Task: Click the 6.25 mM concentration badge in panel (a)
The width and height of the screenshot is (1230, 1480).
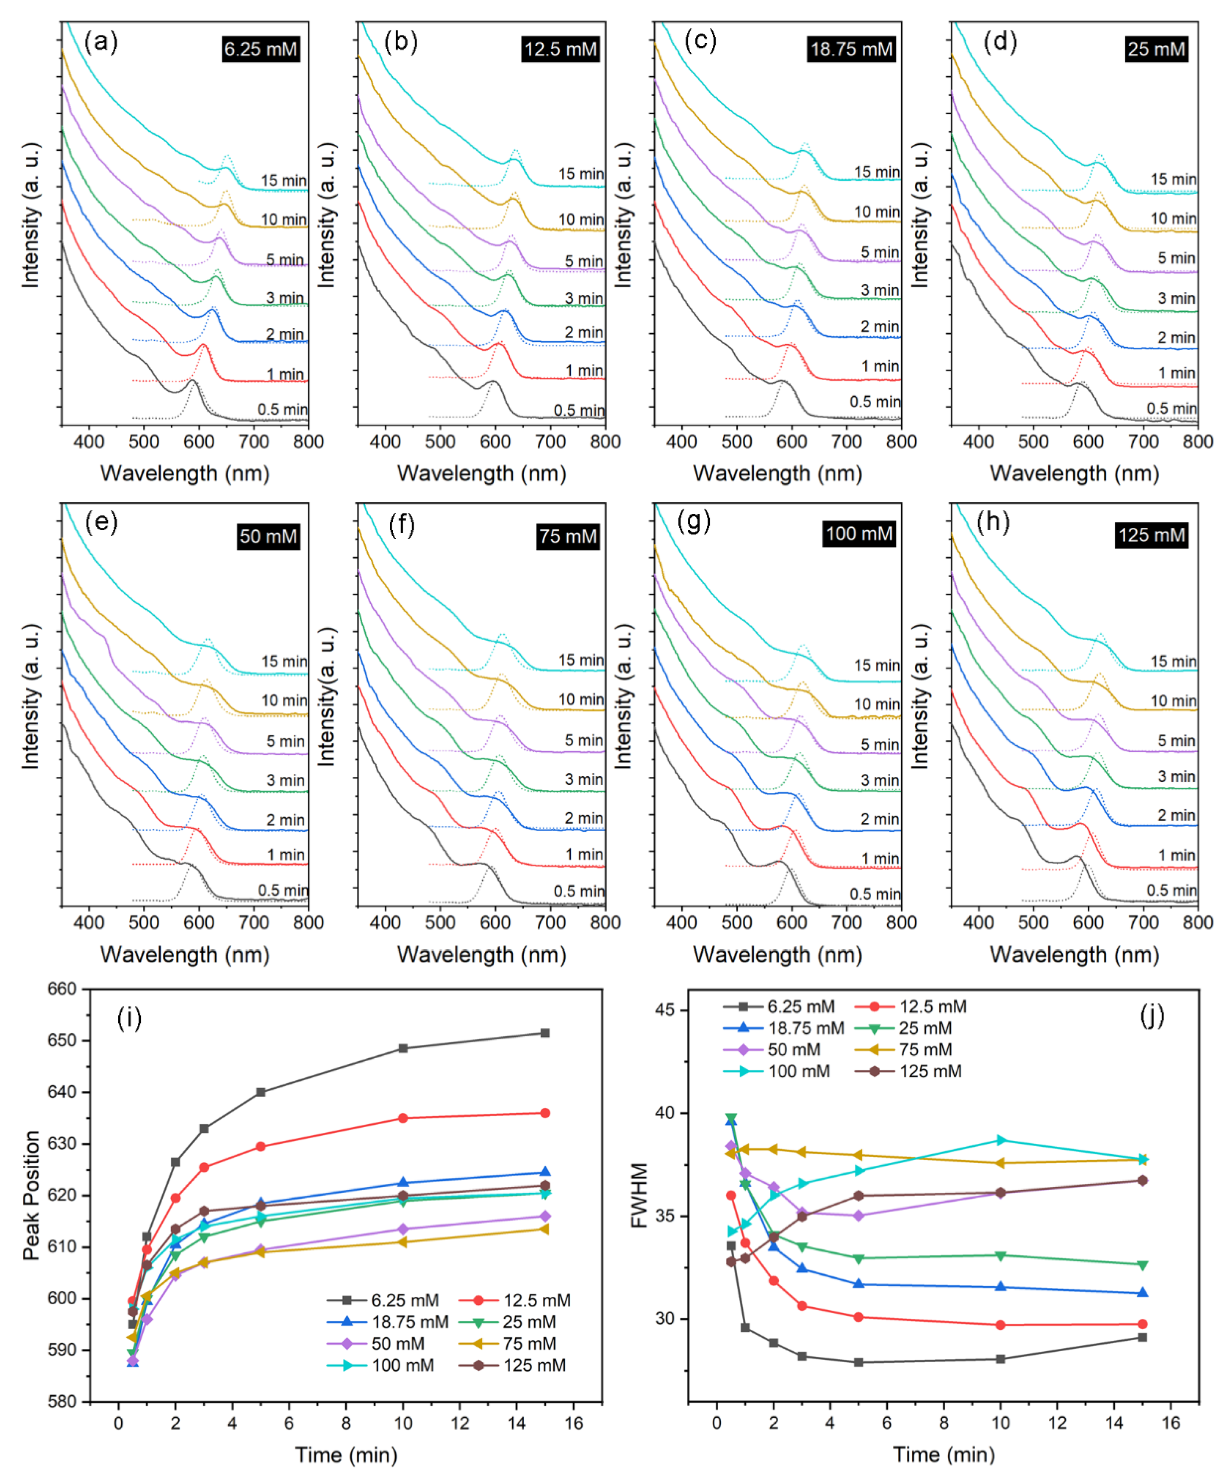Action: [x=261, y=49]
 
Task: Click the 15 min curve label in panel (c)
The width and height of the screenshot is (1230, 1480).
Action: [x=877, y=172]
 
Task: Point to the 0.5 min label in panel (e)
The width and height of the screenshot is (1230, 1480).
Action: [x=283, y=890]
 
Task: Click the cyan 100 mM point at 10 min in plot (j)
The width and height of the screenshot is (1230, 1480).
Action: [x=1001, y=1140]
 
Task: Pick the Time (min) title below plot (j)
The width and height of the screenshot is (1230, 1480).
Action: [x=944, y=1455]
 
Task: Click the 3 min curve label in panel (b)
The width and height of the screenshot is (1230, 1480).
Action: [x=583, y=299]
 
